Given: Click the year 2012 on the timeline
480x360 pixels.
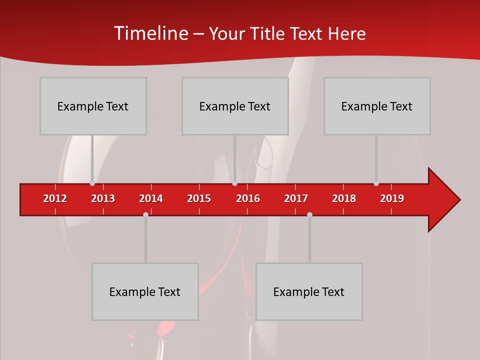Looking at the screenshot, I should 55,198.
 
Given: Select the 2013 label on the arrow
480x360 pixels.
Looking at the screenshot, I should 103,198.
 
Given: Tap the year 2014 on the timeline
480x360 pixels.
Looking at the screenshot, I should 151,198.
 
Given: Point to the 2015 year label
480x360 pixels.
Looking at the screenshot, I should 199,198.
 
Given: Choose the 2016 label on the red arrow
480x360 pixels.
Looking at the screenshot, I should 248,198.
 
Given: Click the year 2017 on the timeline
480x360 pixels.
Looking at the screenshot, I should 296,198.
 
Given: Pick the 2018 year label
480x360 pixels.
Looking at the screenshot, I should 344,198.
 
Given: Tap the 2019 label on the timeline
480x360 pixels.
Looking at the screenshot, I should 392,198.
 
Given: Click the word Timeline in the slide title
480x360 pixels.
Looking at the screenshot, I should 151,33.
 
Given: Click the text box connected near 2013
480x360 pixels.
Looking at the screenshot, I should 93,106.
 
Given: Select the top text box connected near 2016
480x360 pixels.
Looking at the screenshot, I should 235,106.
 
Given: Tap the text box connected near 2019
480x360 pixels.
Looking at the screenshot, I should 377,106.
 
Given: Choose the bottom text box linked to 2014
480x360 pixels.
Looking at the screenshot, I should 145,291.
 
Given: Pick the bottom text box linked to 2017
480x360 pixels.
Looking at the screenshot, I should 309,291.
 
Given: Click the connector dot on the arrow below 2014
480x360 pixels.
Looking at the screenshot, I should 145,214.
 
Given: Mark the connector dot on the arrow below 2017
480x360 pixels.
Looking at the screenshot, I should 309,214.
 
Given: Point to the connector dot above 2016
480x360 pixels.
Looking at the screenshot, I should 234,183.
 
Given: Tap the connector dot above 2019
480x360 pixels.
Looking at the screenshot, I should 376,183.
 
